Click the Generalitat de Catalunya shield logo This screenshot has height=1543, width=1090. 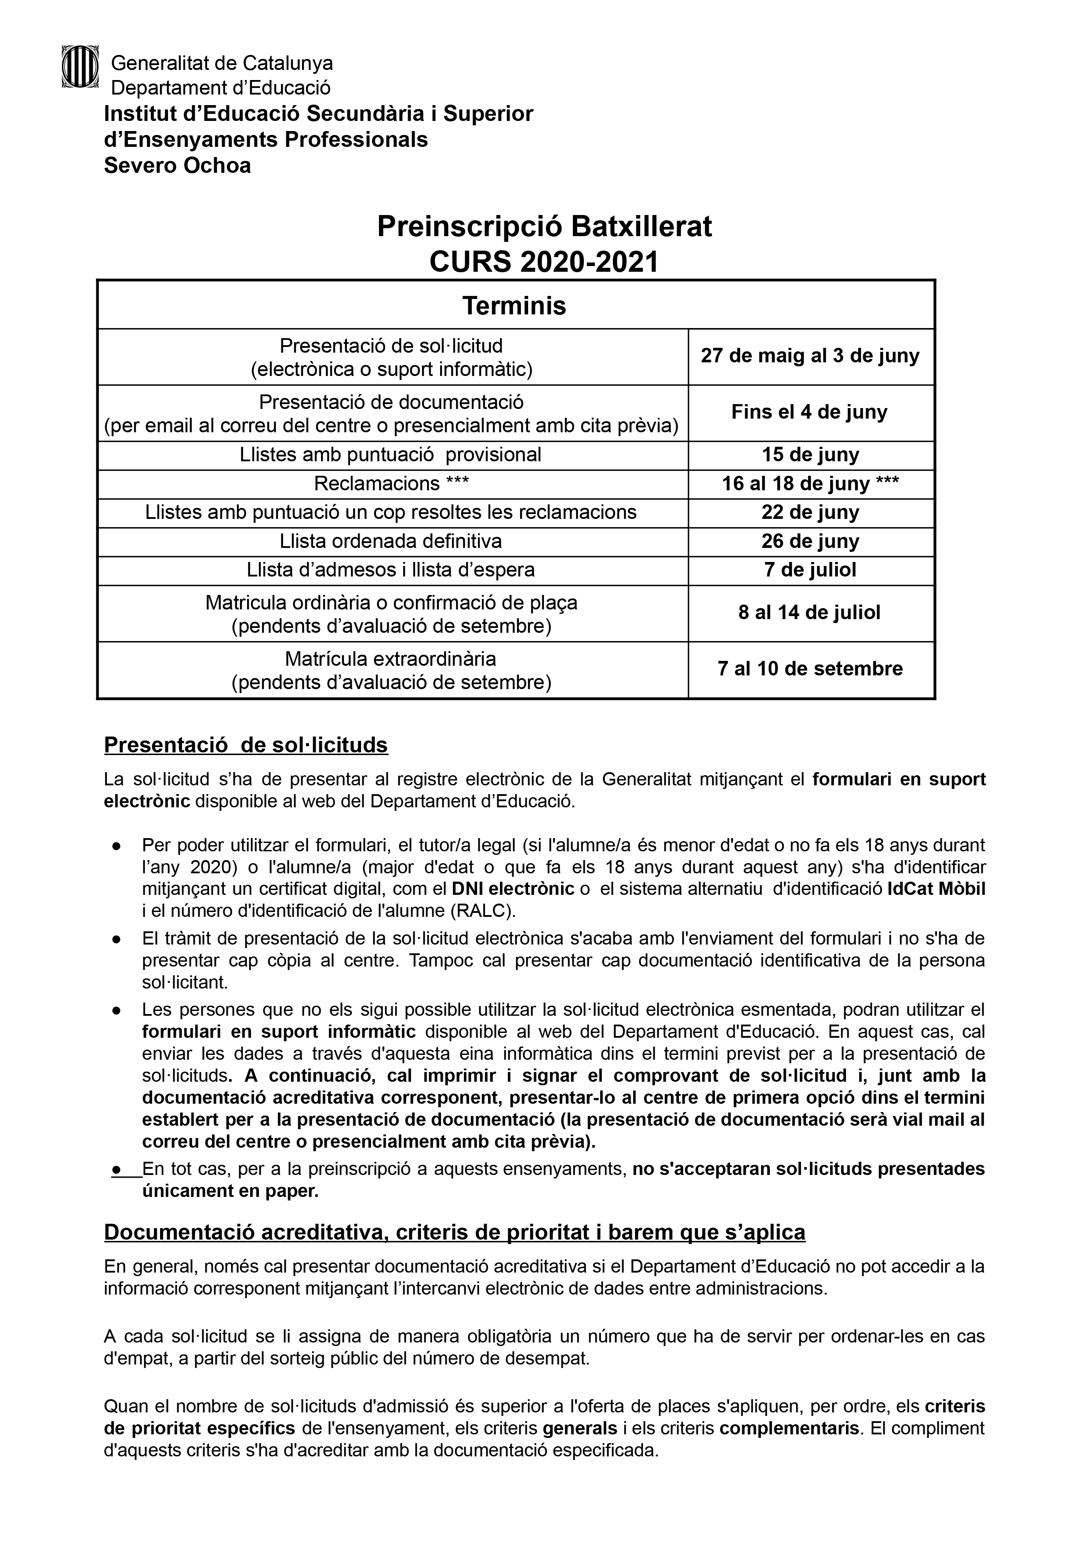click(80, 66)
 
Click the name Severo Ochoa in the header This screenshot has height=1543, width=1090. click(177, 165)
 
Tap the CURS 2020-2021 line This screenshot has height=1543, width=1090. click(544, 262)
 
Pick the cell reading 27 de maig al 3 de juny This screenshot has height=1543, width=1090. click(810, 356)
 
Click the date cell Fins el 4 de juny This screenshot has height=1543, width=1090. click(810, 412)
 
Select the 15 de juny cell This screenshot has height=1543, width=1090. click(810, 455)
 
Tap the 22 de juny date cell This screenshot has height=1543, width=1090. click(810, 513)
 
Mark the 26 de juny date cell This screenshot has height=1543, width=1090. click(810, 542)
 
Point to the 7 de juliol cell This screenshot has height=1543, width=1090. click(810, 571)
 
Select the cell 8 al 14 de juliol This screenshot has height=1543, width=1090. click(810, 613)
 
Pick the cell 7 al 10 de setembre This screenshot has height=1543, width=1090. click(810, 669)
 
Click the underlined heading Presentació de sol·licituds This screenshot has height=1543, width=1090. click(246, 745)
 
